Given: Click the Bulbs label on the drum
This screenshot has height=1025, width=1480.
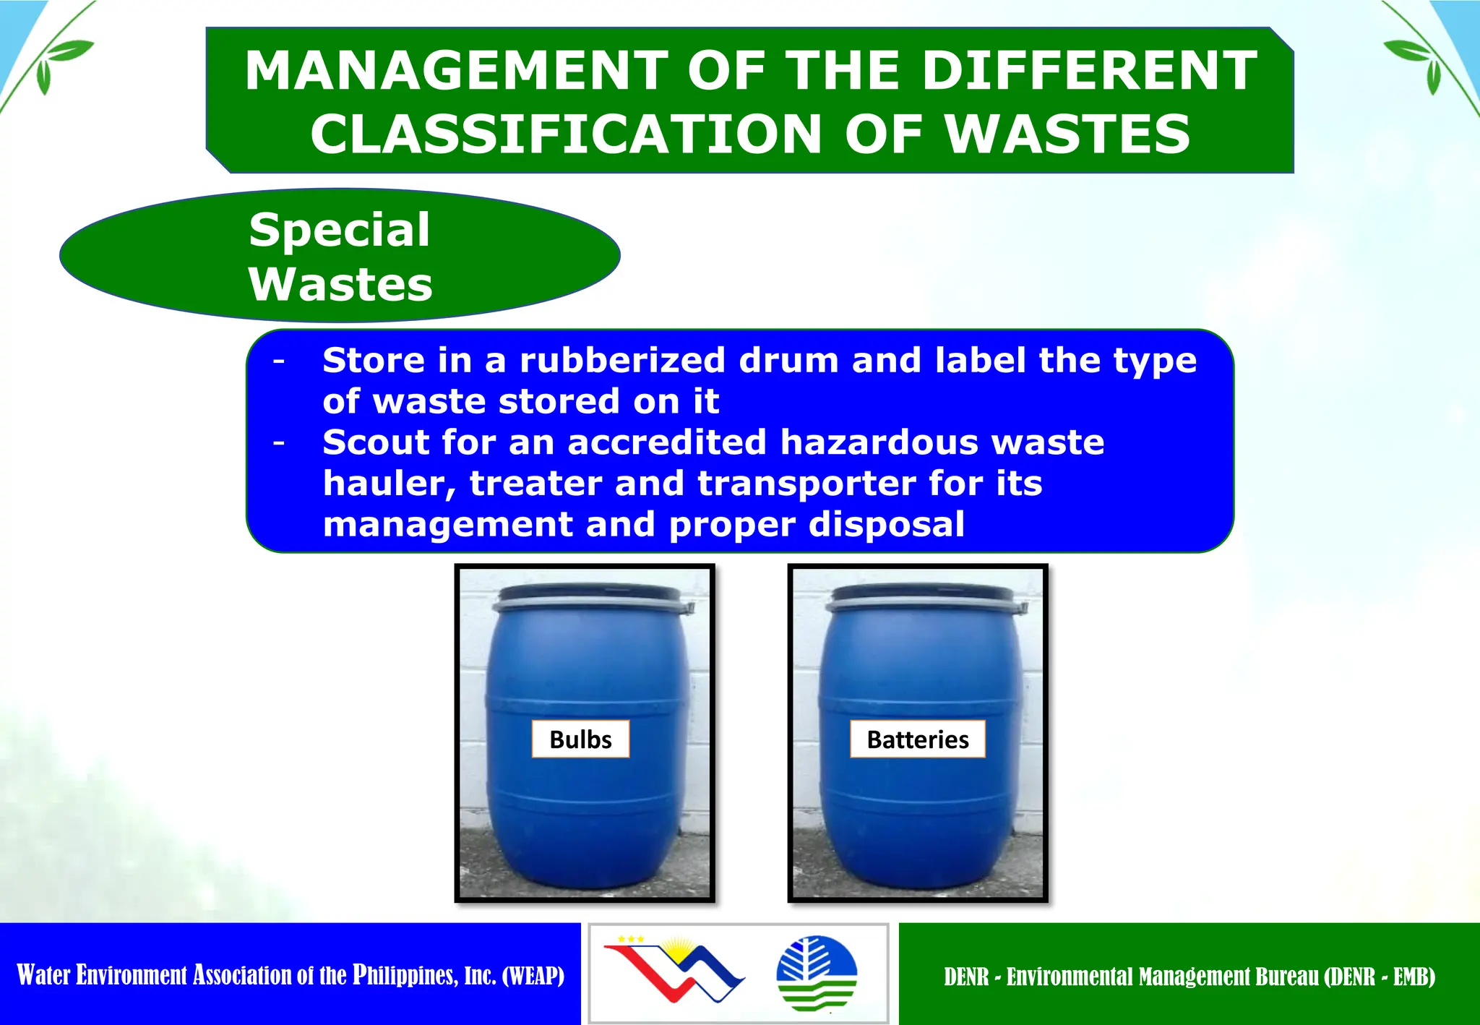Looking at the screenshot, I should [580, 739].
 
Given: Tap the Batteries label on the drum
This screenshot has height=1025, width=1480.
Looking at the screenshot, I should [917, 739].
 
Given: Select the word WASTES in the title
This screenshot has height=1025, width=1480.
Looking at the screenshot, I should [1068, 134].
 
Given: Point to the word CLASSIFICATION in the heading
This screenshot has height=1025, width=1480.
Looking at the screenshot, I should [566, 134].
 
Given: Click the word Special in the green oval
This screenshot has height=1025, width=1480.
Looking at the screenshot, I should [340, 230].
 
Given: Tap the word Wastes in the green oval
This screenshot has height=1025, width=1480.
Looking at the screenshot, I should [340, 284].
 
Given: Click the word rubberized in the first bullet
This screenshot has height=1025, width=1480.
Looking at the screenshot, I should [622, 360].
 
